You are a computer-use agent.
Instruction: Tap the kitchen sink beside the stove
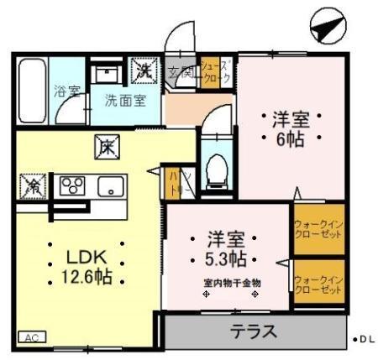coord(110,185)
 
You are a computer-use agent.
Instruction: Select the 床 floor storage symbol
coord(108,144)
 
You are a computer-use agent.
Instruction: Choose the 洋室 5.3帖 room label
coord(228,245)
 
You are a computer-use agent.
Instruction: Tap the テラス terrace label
coord(254,331)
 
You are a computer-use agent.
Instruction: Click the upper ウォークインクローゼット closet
coord(318,229)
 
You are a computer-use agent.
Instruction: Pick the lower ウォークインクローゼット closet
coord(318,284)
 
